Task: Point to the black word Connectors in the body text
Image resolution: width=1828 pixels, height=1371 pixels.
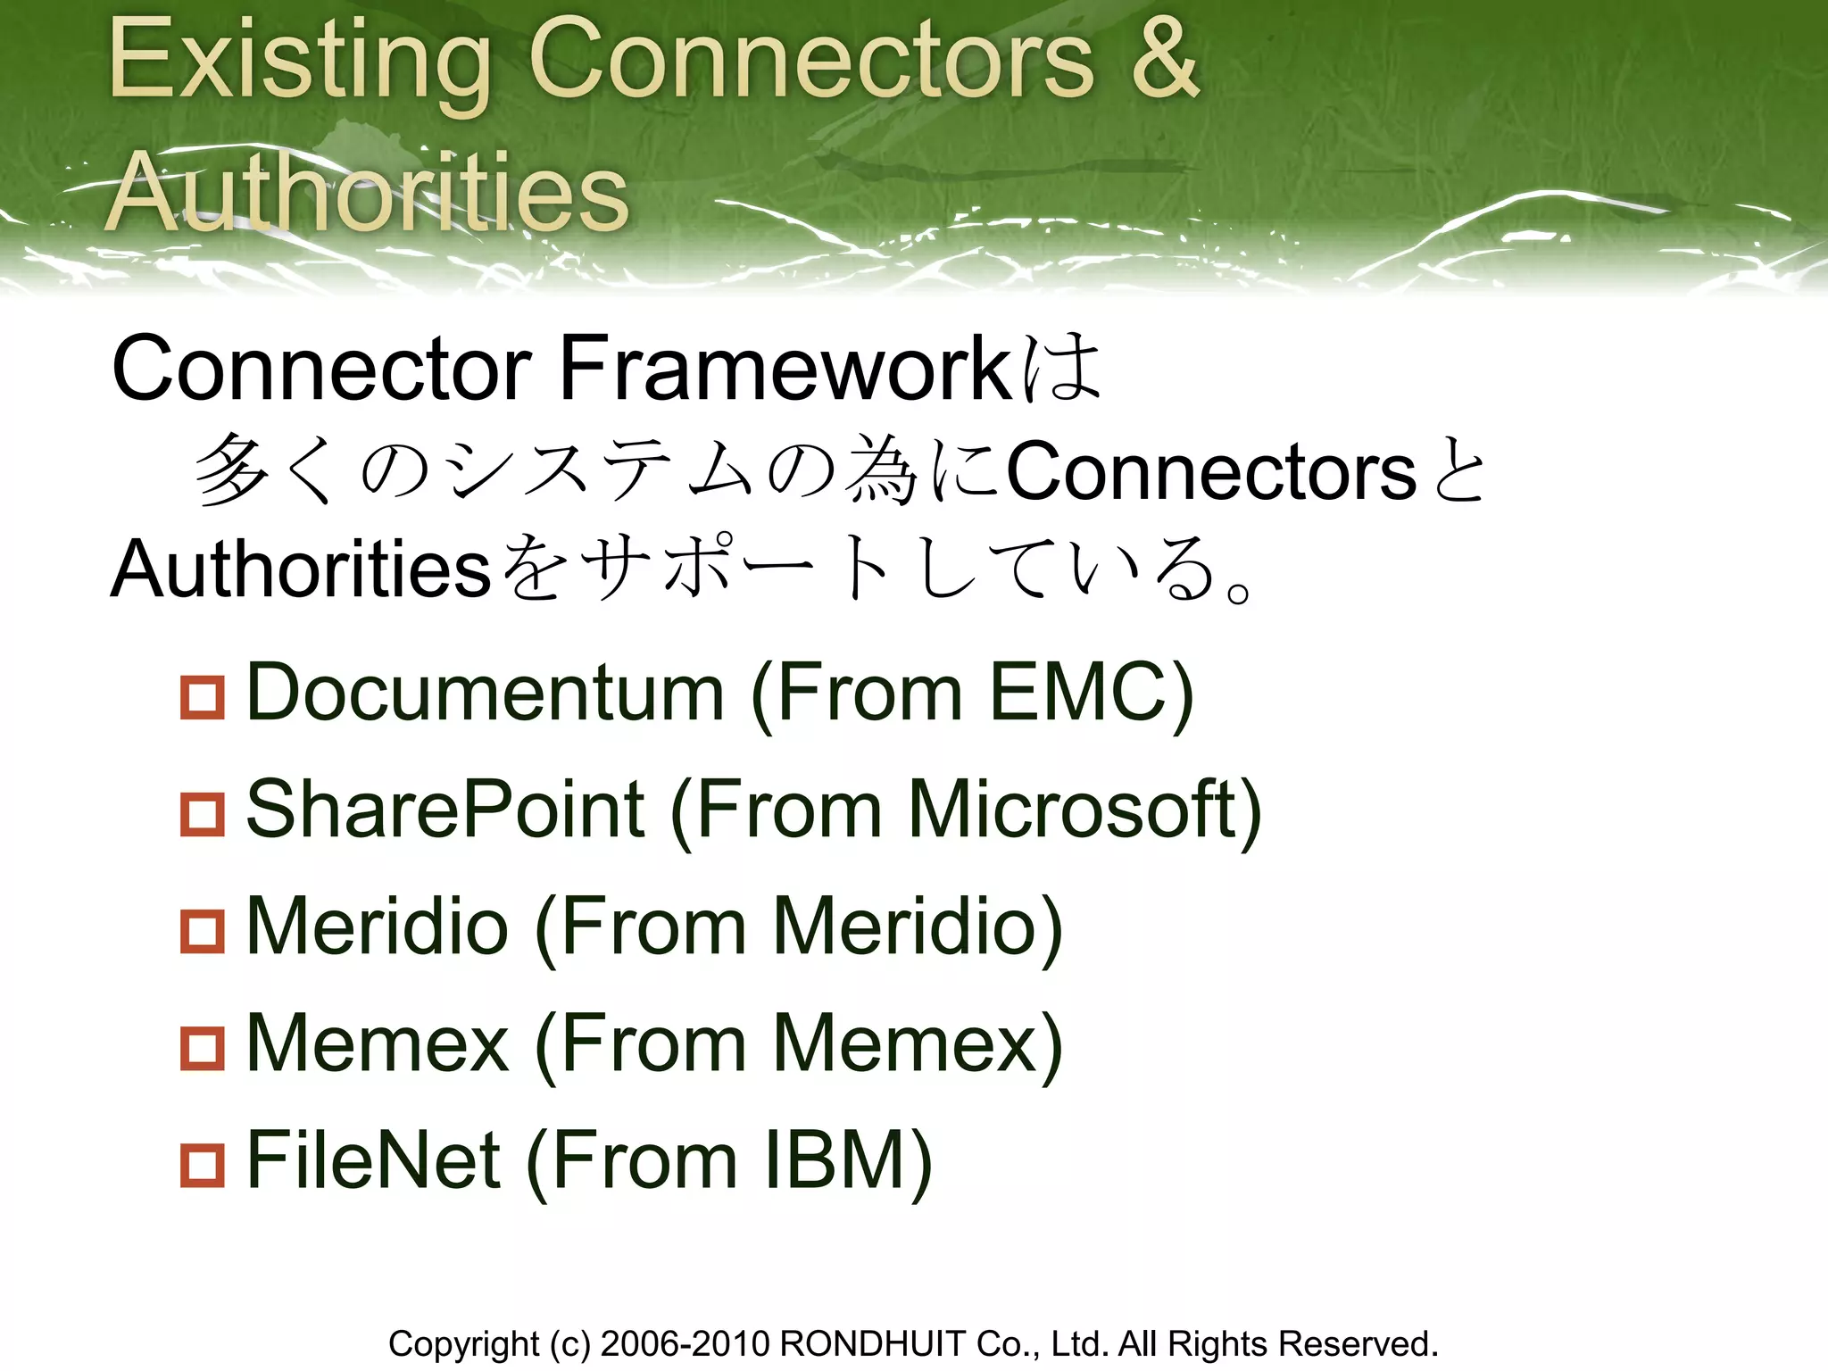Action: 1211,471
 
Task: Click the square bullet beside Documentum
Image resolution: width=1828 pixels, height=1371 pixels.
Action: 203,696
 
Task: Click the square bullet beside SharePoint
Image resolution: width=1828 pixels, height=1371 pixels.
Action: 203,813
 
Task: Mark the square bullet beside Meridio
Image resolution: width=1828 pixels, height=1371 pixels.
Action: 203,930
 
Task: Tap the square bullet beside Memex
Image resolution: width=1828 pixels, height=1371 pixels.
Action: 203,1047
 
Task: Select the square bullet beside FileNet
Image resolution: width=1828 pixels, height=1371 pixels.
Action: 203,1165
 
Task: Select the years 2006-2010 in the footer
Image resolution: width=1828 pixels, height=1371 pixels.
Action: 685,1343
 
